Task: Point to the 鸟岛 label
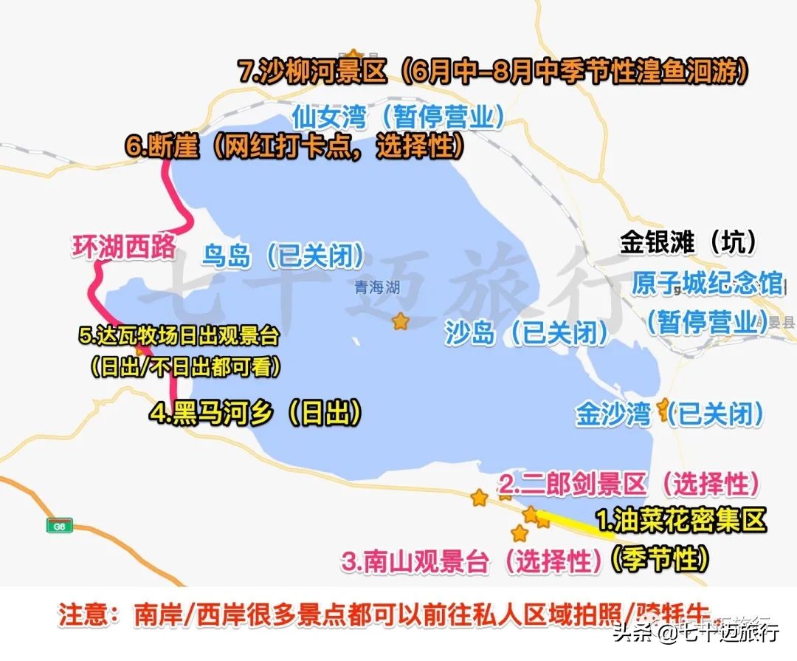point(228,256)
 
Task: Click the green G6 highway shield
point(59,526)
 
